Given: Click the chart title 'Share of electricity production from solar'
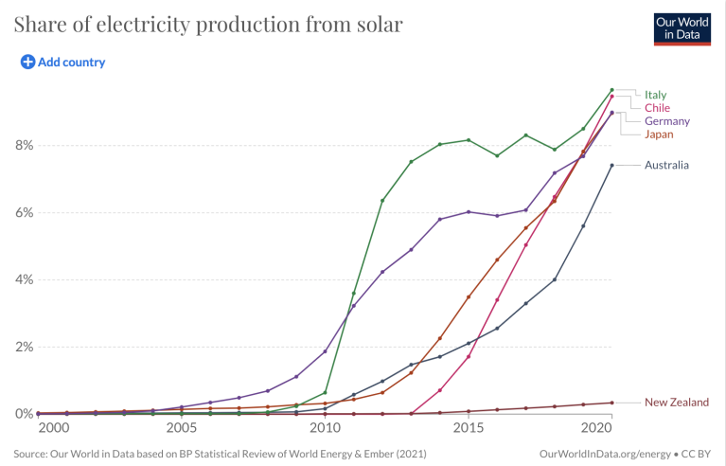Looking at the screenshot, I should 208,25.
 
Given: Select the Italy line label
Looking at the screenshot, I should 656,95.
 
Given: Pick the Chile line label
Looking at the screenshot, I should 657,108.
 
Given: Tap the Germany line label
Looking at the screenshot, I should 666,121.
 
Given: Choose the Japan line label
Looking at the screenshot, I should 660,134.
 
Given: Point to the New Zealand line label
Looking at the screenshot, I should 676,403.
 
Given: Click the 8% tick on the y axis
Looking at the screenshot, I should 24,146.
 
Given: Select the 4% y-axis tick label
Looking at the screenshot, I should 24,280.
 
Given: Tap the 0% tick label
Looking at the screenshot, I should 24,414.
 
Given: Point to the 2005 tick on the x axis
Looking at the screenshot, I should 181,428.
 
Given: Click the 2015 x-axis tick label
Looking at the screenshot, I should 469,428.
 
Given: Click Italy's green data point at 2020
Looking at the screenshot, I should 611,90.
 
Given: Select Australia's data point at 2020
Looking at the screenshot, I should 611,166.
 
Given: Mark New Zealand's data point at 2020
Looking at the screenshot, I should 611,403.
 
